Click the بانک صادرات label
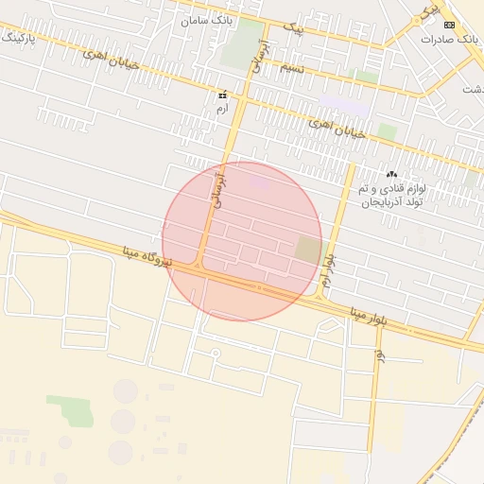[446, 40]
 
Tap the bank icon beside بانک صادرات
[449, 25]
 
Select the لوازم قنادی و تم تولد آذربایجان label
[392, 197]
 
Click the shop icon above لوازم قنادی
[390, 174]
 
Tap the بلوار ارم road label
[328, 269]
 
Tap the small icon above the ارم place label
[223, 95]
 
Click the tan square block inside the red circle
[308, 251]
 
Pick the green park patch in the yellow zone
[71, 410]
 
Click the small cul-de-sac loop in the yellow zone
[216, 354]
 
